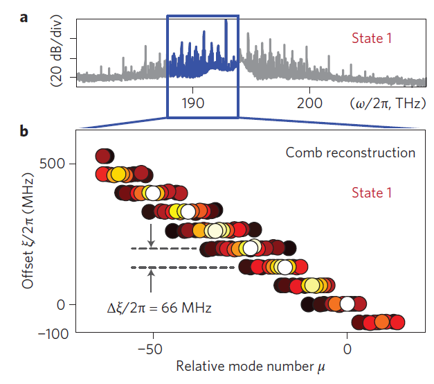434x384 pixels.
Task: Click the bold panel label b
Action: tap(24, 130)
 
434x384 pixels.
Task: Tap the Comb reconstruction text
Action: tap(350, 152)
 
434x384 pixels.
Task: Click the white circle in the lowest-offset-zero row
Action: tap(347, 303)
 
